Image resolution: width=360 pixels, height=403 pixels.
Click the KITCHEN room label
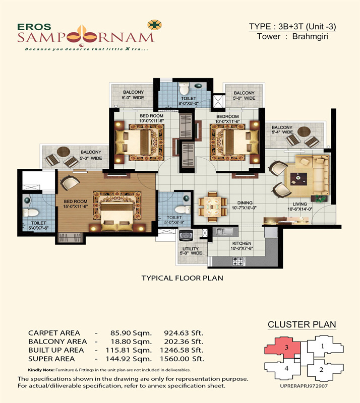[x=242, y=243]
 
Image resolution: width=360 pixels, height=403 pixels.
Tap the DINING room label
[x=245, y=203]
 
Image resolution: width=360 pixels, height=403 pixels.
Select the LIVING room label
[x=299, y=204]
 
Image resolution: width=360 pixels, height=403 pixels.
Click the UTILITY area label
[x=191, y=249]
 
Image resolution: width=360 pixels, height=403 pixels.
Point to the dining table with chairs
[x=212, y=207]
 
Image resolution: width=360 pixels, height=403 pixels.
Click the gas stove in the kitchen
[x=238, y=261]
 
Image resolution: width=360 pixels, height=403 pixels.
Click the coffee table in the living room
[x=298, y=179]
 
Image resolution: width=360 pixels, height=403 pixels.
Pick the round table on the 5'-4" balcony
[x=304, y=131]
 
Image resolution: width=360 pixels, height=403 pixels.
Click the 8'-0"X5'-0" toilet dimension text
[x=189, y=104]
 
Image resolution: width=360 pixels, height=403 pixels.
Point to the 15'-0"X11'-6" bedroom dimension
[x=76, y=207]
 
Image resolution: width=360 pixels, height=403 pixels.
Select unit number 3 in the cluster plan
[x=287, y=348]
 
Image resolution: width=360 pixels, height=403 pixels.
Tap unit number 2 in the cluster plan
[x=321, y=370]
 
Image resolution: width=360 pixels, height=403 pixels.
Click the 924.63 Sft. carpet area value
[x=184, y=333]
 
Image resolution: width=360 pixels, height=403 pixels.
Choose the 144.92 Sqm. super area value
[x=129, y=359]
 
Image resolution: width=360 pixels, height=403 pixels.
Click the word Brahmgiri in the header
[x=310, y=36]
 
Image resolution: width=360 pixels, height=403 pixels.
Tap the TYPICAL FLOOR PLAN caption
[x=182, y=278]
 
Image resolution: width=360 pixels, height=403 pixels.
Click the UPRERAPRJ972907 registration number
[x=304, y=386]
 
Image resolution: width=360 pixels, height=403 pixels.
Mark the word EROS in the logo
[x=34, y=27]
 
